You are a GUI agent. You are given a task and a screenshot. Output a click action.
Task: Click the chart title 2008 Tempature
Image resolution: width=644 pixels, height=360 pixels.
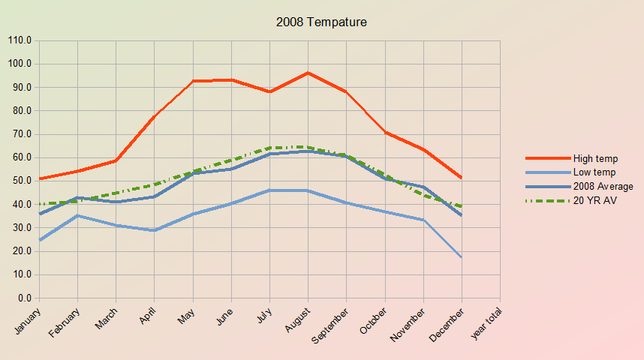click(x=321, y=22)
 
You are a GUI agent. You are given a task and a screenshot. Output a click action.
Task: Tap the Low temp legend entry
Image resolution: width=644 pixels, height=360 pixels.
click(x=594, y=172)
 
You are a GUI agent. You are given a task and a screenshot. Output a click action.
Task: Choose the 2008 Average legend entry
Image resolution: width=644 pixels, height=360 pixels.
click(x=603, y=187)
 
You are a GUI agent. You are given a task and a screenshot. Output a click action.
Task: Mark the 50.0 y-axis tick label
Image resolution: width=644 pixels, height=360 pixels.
click(x=21, y=181)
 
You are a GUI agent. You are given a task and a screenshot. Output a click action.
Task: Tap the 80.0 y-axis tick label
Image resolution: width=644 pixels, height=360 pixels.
click(x=21, y=111)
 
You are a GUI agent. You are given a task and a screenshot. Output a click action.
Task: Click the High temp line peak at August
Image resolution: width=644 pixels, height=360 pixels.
click(x=308, y=73)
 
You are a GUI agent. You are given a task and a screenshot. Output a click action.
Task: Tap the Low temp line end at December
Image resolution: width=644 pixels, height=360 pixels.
click(x=462, y=257)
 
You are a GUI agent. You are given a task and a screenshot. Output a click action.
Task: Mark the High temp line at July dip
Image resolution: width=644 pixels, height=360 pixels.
click(x=269, y=91)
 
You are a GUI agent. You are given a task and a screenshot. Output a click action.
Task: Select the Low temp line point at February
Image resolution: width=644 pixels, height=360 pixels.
click(x=77, y=215)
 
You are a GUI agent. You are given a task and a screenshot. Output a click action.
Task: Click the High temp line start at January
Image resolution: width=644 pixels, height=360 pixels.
click(x=39, y=178)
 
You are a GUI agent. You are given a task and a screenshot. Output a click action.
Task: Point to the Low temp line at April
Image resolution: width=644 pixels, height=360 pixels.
click(x=155, y=230)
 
